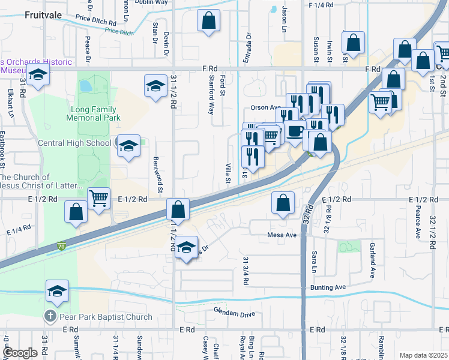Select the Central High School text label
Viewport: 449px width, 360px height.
point(74,143)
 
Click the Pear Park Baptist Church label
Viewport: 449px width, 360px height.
point(105,317)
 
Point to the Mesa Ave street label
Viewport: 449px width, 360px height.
point(283,235)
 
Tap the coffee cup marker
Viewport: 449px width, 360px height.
point(294,131)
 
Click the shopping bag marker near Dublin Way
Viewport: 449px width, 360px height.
point(208,21)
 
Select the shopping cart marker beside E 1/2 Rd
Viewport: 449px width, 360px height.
point(98,197)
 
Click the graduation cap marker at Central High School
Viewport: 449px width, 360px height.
point(128,146)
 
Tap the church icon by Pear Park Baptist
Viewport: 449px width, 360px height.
point(51,316)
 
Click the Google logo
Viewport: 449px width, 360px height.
point(20,353)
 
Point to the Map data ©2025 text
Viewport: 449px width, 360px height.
point(423,355)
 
